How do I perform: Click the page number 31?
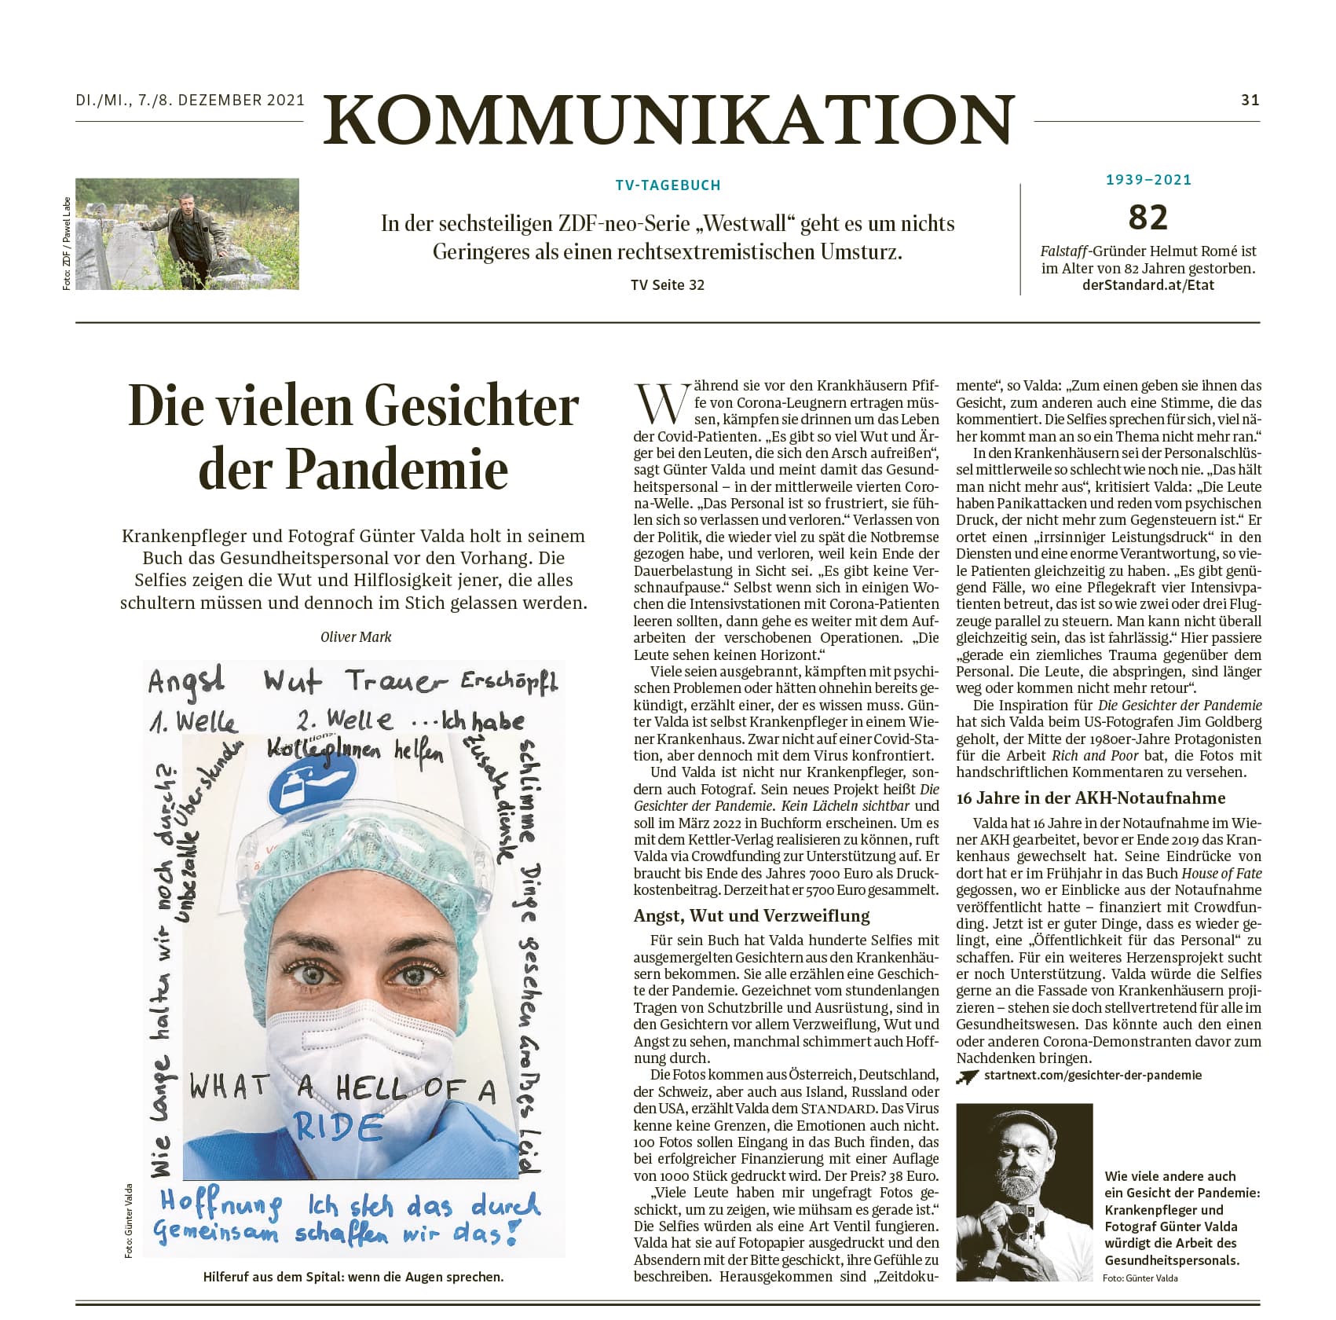pos(1250,100)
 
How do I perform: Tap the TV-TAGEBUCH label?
pos(668,185)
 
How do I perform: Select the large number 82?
pos(1148,218)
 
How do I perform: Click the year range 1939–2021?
pos(1148,180)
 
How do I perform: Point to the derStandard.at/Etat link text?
pos(1148,285)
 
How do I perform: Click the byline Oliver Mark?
pos(356,636)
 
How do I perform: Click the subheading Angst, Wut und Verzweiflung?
pos(752,915)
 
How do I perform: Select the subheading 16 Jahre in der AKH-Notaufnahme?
pos(1091,797)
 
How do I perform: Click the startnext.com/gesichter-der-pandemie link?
pos(1093,1075)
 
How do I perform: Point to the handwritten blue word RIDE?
pos(338,1128)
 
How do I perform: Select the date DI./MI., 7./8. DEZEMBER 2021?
pos(190,100)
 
